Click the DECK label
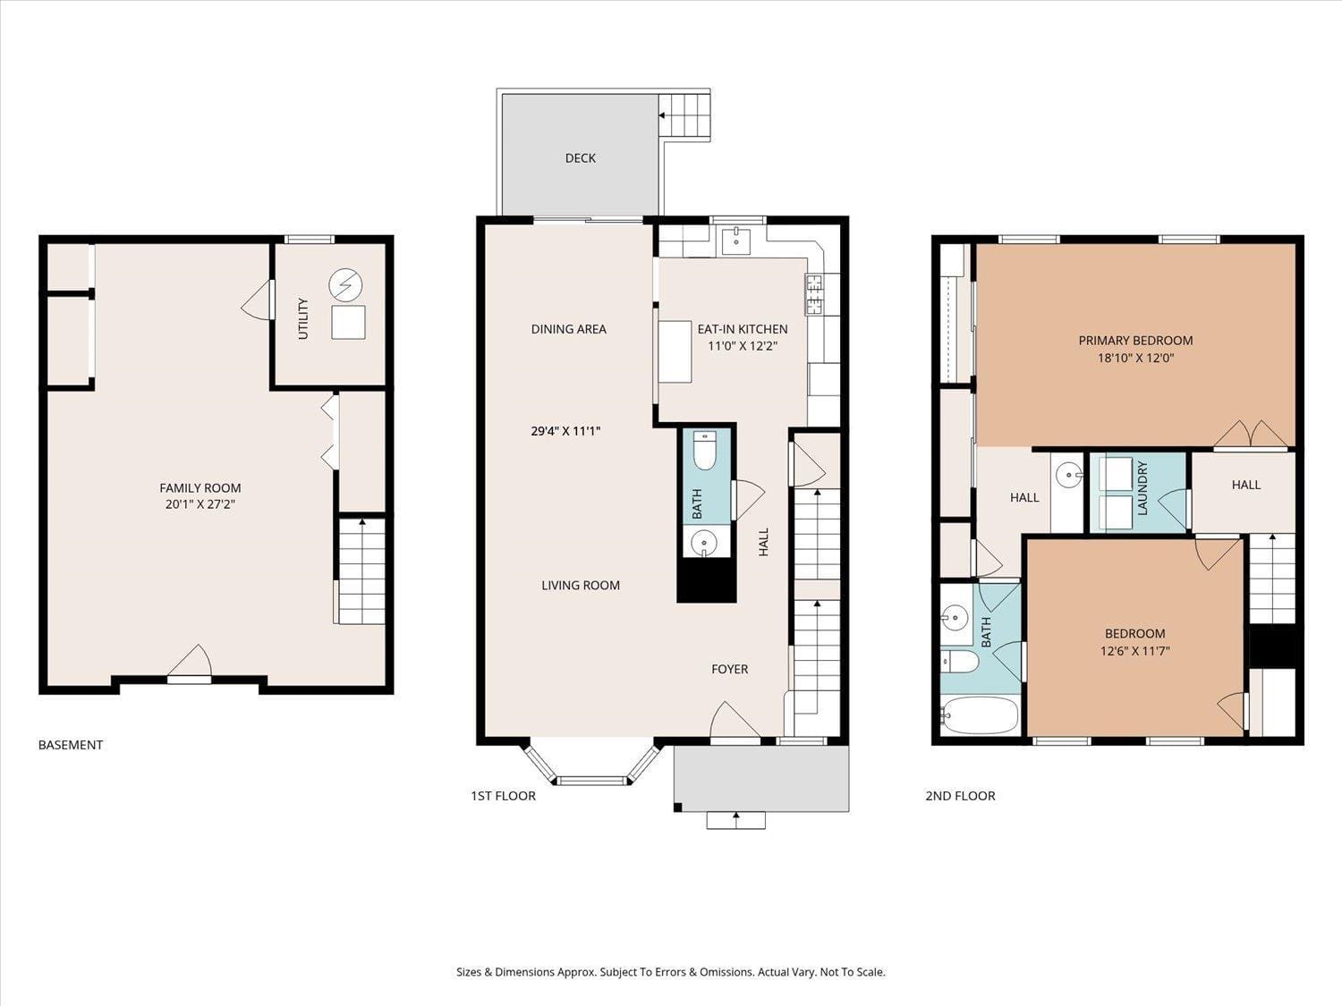(581, 158)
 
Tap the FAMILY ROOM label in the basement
(200, 488)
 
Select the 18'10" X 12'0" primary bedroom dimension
(1135, 358)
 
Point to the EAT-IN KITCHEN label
(743, 329)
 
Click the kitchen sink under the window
(735, 241)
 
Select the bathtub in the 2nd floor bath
(980, 715)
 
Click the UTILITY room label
(302, 318)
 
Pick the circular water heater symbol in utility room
(345, 285)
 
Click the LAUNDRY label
(1142, 488)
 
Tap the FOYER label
(729, 670)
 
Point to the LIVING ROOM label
(581, 585)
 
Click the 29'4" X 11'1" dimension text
(565, 431)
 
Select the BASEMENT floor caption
(71, 745)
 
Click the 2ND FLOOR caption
(960, 795)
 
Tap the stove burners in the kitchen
(814, 294)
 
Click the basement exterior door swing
(191, 662)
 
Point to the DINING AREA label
(569, 329)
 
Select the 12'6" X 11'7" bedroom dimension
(1134, 651)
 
